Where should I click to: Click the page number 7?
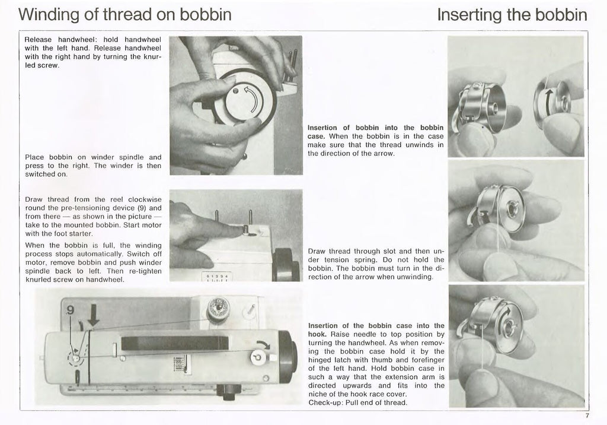(586, 415)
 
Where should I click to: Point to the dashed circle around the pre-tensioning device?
(76, 358)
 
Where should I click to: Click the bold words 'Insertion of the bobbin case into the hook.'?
(376, 330)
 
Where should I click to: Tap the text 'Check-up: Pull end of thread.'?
(357, 403)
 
